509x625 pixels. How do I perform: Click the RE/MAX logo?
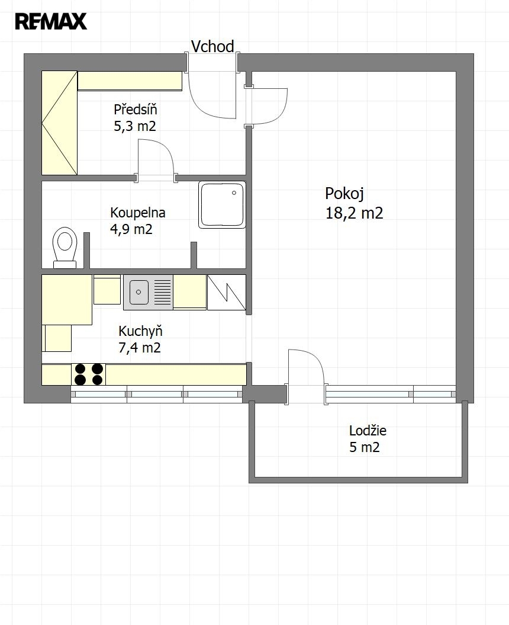point(50,21)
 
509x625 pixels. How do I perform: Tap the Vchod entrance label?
point(212,47)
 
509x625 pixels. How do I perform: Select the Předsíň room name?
point(136,109)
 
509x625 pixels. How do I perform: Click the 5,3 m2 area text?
point(134,126)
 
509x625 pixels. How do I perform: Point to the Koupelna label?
point(138,213)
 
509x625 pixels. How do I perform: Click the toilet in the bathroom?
point(65,247)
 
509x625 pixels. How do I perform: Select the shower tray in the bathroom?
point(222,205)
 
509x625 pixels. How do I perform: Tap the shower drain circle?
point(234,193)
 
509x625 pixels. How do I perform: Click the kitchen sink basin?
point(138,292)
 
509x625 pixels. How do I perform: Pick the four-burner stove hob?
point(88,374)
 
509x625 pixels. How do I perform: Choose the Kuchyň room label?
point(140,331)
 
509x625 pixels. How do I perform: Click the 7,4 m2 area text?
point(140,348)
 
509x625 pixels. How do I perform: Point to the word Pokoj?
point(344,194)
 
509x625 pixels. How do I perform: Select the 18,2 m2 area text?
point(354,213)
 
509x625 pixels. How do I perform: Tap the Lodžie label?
point(368,430)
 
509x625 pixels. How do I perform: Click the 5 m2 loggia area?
point(365,447)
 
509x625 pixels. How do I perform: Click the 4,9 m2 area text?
point(131,229)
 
